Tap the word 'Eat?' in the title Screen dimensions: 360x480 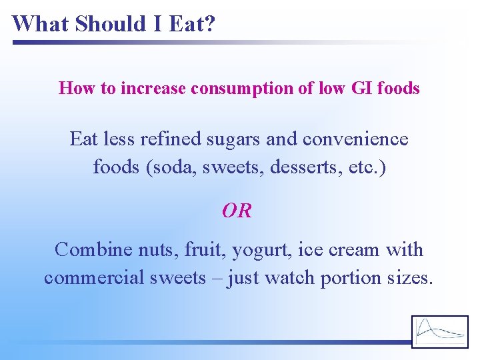click(x=193, y=24)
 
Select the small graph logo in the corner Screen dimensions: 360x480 click(x=439, y=331)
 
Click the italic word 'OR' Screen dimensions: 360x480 click(x=237, y=211)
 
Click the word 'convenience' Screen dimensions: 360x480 click(x=355, y=139)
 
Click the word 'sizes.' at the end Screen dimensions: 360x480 click(x=410, y=277)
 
